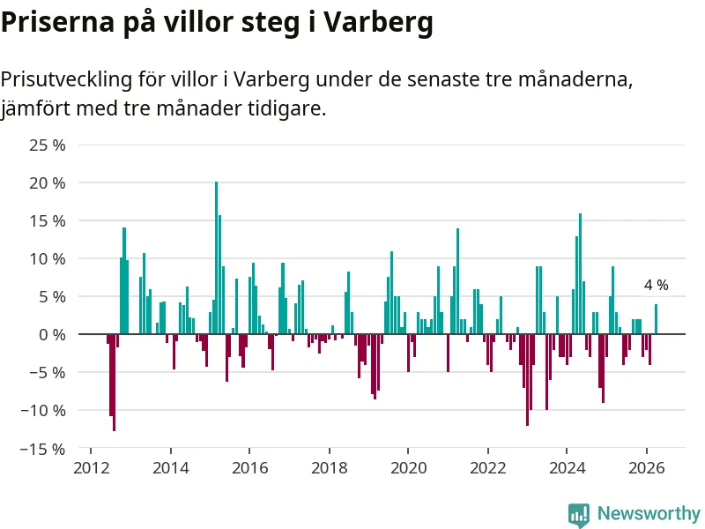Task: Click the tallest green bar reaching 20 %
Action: [x=216, y=257]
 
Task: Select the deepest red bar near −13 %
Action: [x=115, y=383]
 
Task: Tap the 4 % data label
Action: [x=656, y=285]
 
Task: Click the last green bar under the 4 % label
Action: [x=656, y=319]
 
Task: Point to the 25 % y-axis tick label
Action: [x=48, y=145]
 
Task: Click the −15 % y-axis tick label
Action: [x=42, y=449]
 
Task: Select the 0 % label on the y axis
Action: [x=52, y=335]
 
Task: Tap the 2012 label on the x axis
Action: [x=92, y=468]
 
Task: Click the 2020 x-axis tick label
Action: [x=408, y=468]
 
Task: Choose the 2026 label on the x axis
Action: [x=647, y=468]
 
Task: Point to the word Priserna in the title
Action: [x=57, y=21]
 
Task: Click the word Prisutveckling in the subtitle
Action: [x=67, y=79]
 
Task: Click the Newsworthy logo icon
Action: [x=579, y=514]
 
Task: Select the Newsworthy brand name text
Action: [x=649, y=513]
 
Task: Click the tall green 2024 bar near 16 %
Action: [x=580, y=273]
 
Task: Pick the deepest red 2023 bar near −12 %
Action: [x=527, y=380]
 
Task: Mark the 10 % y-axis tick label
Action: [x=48, y=259]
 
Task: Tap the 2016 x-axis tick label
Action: [x=250, y=468]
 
